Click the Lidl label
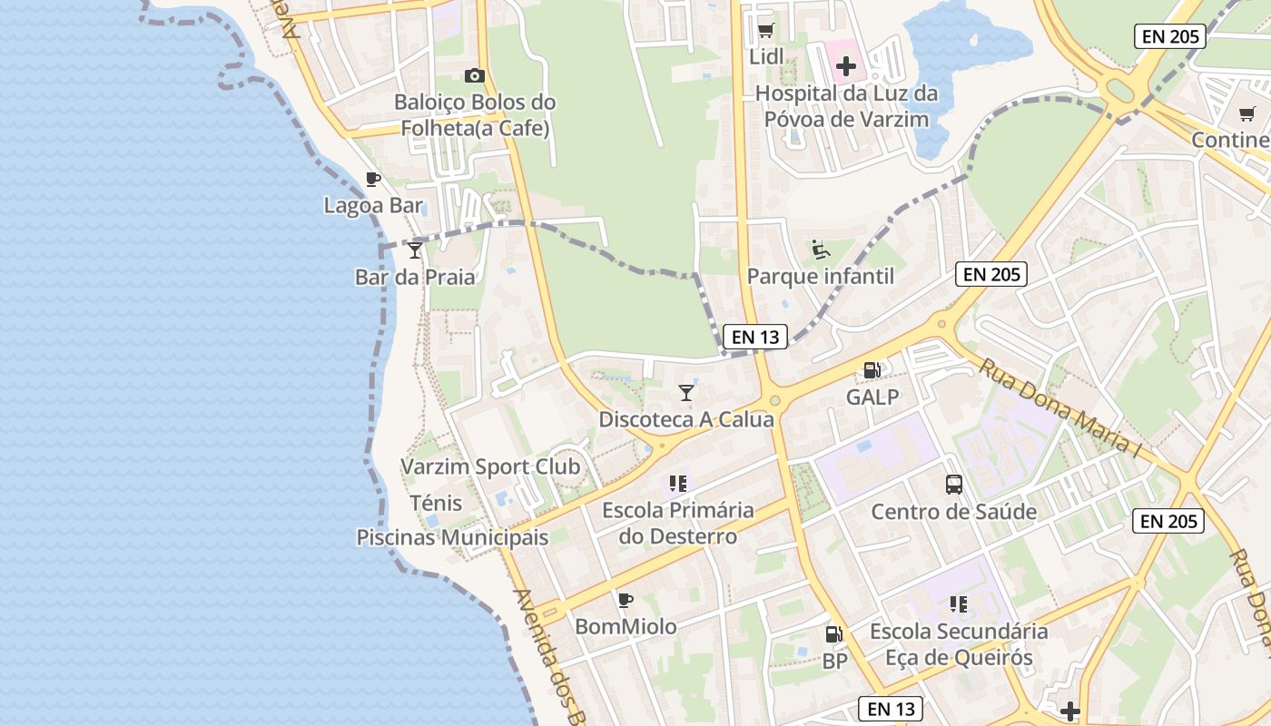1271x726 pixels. point(766,57)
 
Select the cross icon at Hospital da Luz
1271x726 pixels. point(846,66)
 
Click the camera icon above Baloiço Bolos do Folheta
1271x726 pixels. point(474,76)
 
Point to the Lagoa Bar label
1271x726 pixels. point(373,205)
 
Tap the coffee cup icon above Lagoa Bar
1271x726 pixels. point(372,179)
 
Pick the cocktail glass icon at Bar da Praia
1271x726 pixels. point(415,250)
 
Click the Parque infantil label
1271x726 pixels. point(820,276)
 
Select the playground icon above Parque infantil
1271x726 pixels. point(821,249)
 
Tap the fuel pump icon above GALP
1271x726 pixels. point(872,370)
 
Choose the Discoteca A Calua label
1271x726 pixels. point(686,419)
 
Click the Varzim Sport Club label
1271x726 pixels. point(490,467)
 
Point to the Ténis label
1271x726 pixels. point(436,503)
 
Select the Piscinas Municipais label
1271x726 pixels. point(452,537)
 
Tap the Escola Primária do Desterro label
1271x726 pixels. point(678,523)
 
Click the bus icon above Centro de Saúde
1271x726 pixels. point(954,485)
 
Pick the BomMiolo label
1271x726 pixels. point(626,626)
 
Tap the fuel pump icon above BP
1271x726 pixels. point(833,634)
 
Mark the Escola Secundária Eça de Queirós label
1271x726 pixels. point(959,643)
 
